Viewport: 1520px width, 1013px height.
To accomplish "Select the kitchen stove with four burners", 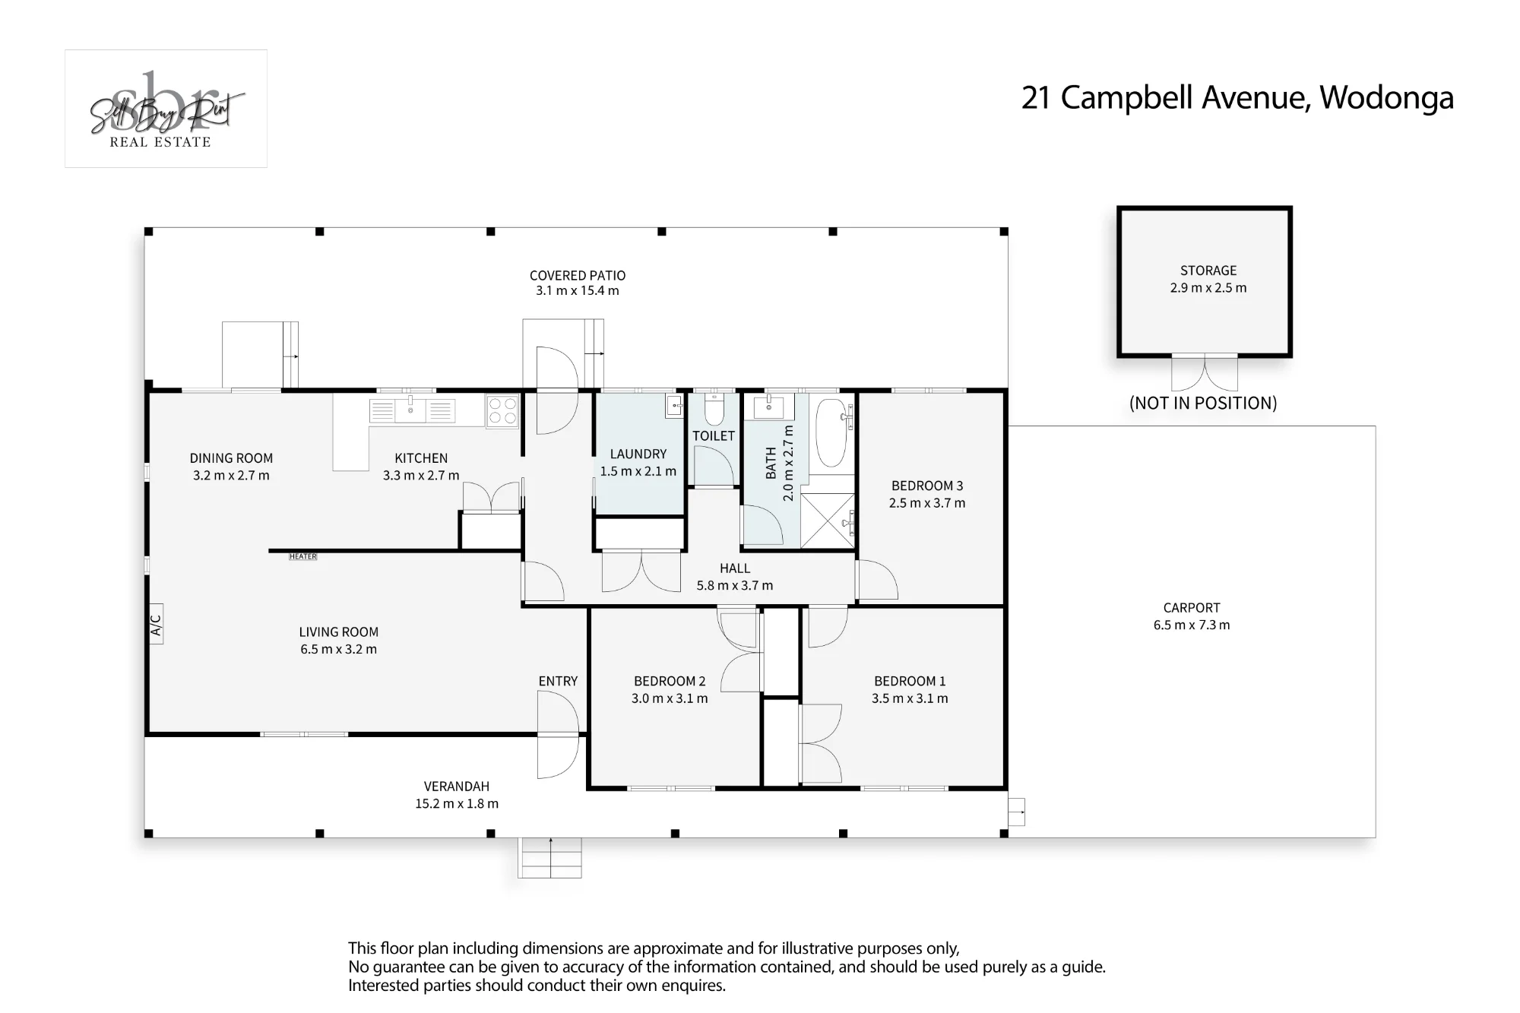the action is (502, 411).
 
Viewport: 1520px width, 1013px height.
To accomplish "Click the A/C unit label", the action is (156, 624).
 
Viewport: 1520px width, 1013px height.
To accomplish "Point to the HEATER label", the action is (302, 557).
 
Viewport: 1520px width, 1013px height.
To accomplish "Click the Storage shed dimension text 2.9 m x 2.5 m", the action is (1208, 288).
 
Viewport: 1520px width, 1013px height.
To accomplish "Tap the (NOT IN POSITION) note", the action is (1203, 403).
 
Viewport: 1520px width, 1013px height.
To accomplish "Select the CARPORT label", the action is (1192, 608).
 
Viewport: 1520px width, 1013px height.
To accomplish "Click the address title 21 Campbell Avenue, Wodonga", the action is (1237, 98).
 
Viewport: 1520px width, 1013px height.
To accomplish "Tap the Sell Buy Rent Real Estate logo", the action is (166, 109).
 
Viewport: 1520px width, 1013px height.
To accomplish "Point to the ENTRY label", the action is (558, 682).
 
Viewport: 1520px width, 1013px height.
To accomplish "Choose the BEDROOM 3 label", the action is (927, 486).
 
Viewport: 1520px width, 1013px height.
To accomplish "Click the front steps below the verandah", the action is (549, 858).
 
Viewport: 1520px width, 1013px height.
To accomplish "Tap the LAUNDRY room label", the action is (638, 454).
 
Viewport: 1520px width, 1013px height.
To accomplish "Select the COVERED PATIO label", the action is (578, 276).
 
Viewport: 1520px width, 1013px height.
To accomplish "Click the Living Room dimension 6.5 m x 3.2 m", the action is (338, 650).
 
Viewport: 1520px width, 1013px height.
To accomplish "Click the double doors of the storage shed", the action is (1205, 373).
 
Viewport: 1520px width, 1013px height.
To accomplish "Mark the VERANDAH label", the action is (457, 787).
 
